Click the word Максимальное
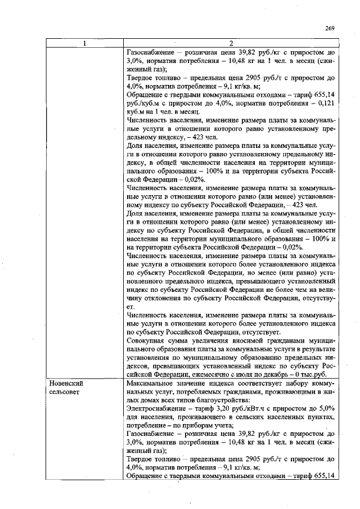151,382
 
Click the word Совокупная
147,341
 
